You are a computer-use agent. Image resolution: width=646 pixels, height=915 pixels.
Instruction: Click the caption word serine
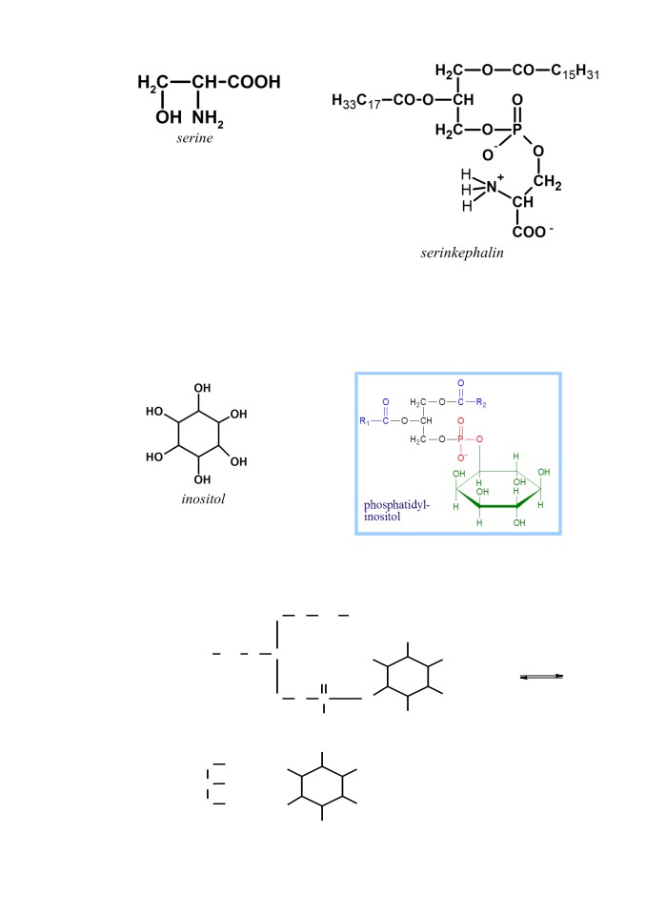tap(194, 138)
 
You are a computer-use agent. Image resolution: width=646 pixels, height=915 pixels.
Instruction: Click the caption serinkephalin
tap(461, 253)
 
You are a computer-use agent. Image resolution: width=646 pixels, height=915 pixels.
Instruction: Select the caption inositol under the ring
tap(203, 498)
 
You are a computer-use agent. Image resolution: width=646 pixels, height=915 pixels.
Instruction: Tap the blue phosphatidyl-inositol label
tap(396, 511)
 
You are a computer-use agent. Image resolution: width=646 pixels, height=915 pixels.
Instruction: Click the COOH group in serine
tap(253, 82)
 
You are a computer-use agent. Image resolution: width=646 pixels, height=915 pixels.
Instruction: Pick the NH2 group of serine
tap(208, 118)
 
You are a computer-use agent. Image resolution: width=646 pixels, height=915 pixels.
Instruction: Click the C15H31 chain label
tap(575, 71)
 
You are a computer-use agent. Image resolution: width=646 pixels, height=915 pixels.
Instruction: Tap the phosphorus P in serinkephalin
tap(517, 130)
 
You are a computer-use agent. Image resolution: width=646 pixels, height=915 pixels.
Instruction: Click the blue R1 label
tap(364, 421)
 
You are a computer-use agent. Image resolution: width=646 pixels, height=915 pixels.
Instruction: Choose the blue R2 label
tap(481, 402)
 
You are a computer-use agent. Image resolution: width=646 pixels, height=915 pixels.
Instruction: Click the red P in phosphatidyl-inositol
tap(461, 438)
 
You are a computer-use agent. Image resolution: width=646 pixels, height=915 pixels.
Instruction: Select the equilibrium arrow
tap(541, 677)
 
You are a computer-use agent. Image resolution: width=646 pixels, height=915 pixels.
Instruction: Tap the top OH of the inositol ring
tap(202, 388)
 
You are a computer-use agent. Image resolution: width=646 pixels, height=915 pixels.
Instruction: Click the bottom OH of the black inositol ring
tap(202, 479)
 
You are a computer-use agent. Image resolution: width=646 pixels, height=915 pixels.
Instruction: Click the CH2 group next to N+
tap(547, 182)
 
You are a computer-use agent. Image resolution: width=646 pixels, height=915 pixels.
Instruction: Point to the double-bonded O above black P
tap(517, 100)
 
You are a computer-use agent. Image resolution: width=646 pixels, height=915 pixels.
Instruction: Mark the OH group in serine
tap(169, 117)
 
